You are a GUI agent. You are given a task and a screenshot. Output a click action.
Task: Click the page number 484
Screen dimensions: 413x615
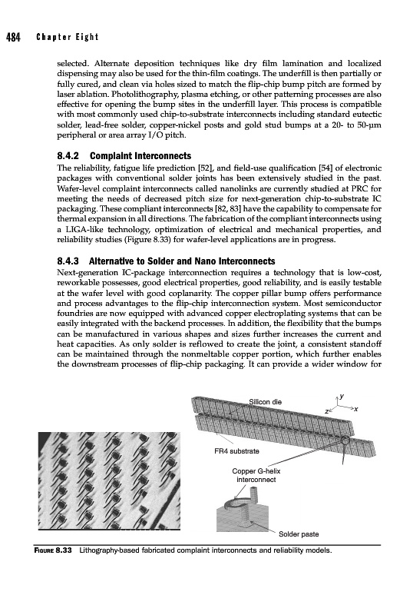tap(13, 37)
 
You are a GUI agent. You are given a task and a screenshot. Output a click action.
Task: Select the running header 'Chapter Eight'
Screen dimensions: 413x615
tap(67, 37)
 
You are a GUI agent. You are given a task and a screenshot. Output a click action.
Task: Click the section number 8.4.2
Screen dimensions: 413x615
tap(68, 156)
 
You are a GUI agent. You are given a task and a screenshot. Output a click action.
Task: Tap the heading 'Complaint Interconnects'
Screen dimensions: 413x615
tap(140, 156)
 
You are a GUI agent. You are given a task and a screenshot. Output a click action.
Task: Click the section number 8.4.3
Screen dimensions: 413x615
tap(68, 261)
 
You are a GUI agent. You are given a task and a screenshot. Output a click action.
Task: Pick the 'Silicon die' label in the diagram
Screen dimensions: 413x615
tap(266, 402)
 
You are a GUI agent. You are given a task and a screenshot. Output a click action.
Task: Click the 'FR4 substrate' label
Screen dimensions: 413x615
tap(236, 451)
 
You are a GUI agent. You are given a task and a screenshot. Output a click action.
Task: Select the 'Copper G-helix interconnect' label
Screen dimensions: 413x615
tap(256, 475)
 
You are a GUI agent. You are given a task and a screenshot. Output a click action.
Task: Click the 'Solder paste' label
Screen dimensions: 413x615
tap(299, 534)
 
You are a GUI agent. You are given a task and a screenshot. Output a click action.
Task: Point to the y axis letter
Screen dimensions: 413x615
tap(342, 396)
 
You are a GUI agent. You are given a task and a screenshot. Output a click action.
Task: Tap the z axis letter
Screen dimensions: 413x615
tap(327, 411)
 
